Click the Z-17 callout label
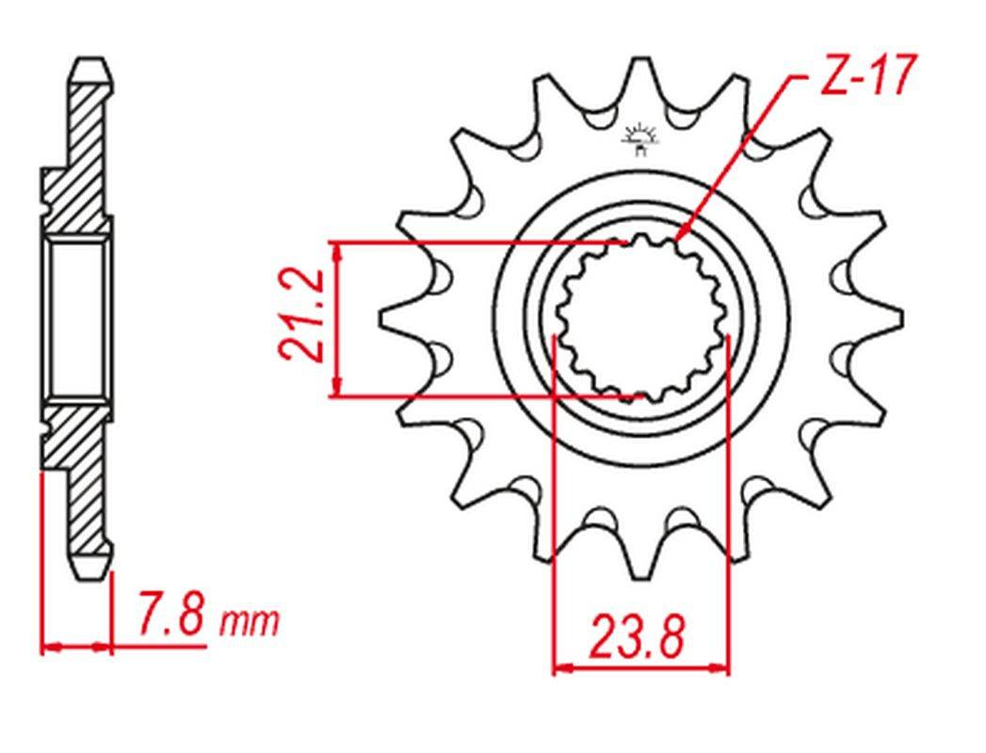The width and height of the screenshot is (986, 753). click(866, 74)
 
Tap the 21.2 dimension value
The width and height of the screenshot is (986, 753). click(302, 315)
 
